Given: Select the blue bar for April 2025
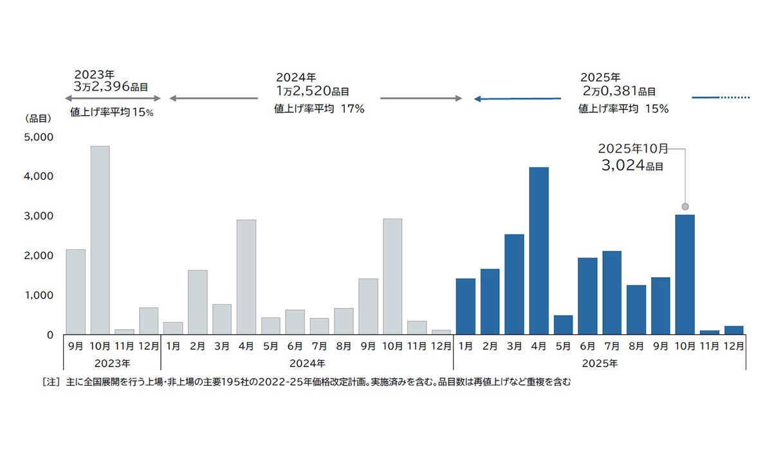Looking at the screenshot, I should coord(538,251).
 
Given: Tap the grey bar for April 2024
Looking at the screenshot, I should coord(246,277).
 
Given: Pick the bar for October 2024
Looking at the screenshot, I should coord(392,276).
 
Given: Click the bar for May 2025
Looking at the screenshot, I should coord(563,325).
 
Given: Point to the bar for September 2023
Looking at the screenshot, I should coord(75,292).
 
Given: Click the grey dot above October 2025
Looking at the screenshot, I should coord(685,206).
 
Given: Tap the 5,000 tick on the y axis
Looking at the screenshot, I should coord(39,137).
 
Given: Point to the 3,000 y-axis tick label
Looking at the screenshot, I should coord(39,216).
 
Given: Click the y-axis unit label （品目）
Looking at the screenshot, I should coord(38,119).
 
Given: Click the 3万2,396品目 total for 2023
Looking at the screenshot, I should coord(113,85).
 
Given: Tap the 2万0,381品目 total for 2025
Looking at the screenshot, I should coord(618,91).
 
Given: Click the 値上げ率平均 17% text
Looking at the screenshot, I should coord(319,109).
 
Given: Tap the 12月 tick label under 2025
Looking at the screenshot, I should coord(733,346).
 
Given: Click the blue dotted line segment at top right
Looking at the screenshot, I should coord(735,98).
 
